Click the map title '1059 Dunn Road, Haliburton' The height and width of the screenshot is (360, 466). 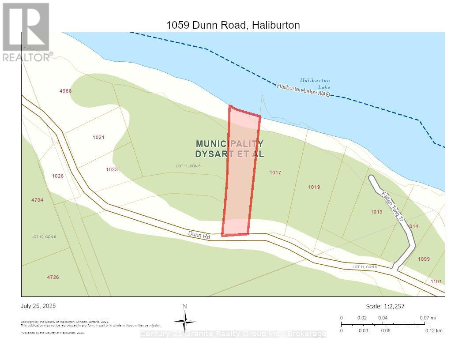[x=233, y=25]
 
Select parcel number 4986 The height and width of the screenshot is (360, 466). [x=65, y=91]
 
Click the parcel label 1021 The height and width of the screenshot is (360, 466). [x=98, y=137]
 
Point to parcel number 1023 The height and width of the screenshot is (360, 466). [x=112, y=169]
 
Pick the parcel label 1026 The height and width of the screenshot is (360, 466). [x=58, y=176]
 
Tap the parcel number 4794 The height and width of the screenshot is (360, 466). [x=37, y=200]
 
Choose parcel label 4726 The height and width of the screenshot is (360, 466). [x=53, y=277]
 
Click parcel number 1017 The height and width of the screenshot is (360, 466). [x=275, y=173]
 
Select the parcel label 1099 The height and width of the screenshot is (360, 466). [x=424, y=259]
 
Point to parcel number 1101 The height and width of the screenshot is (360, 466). [x=436, y=281]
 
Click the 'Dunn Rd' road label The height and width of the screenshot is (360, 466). [x=199, y=236]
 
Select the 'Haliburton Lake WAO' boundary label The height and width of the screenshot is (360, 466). [x=304, y=90]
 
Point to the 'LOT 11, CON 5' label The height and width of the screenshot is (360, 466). [x=365, y=267]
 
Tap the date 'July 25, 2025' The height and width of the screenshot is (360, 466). [x=38, y=306]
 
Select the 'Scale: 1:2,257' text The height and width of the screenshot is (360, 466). [x=385, y=306]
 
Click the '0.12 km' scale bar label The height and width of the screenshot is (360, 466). [x=434, y=330]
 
